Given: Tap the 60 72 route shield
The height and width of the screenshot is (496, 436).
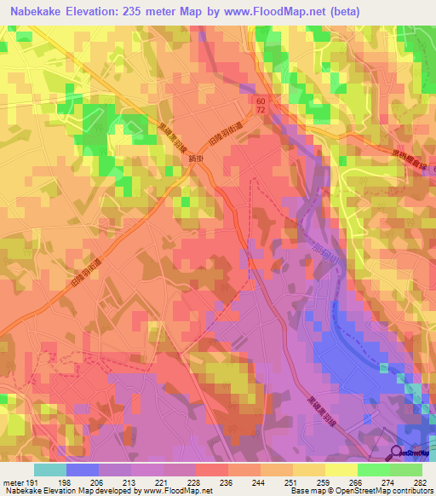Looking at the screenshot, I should coord(259,107).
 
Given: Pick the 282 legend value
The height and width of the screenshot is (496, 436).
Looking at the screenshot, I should coord(421,482).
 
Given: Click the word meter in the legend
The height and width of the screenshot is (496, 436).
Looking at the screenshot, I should coord(12,482).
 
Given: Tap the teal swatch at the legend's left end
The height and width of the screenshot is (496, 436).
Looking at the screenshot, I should coord(50,470).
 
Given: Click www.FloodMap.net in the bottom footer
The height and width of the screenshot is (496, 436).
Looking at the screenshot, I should coord(174,492).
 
